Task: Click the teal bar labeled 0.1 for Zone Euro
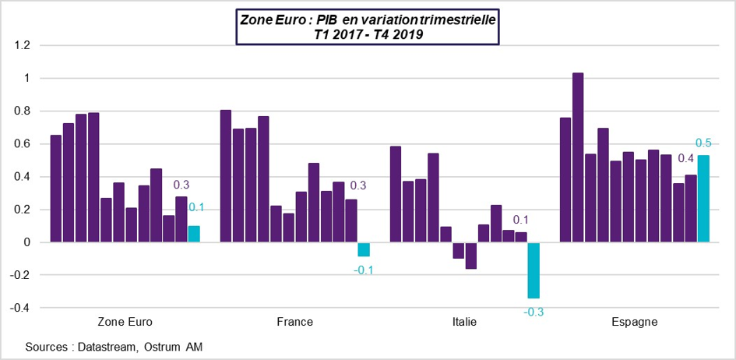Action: point(194,234)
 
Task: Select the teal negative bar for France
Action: point(364,249)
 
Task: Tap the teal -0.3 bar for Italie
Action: point(534,270)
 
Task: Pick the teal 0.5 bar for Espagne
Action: point(703,199)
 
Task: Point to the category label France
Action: point(295,322)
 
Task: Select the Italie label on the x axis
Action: point(465,322)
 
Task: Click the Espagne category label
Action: point(635,322)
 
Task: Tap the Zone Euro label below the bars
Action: point(125,322)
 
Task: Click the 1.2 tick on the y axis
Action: point(22,46)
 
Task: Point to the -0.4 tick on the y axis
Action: point(19,308)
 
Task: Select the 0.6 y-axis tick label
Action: point(22,144)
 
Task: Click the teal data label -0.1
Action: point(364,270)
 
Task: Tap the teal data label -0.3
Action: point(534,312)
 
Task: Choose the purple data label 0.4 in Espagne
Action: point(685,159)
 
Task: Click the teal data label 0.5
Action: point(704,143)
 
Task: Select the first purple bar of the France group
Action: point(225,176)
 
